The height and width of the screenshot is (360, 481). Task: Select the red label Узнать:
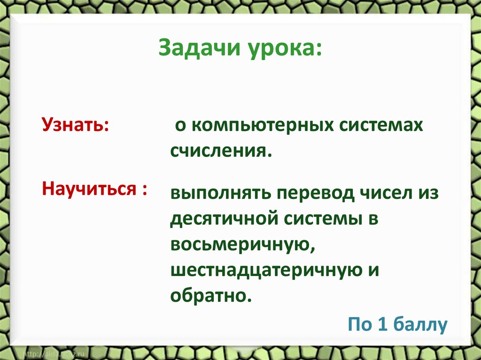pyautogui.click(x=76, y=126)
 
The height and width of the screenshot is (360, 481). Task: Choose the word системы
pyautogui.click(x=325, y=219)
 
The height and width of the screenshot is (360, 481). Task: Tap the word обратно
pyautogui.click(x=208, y=296)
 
